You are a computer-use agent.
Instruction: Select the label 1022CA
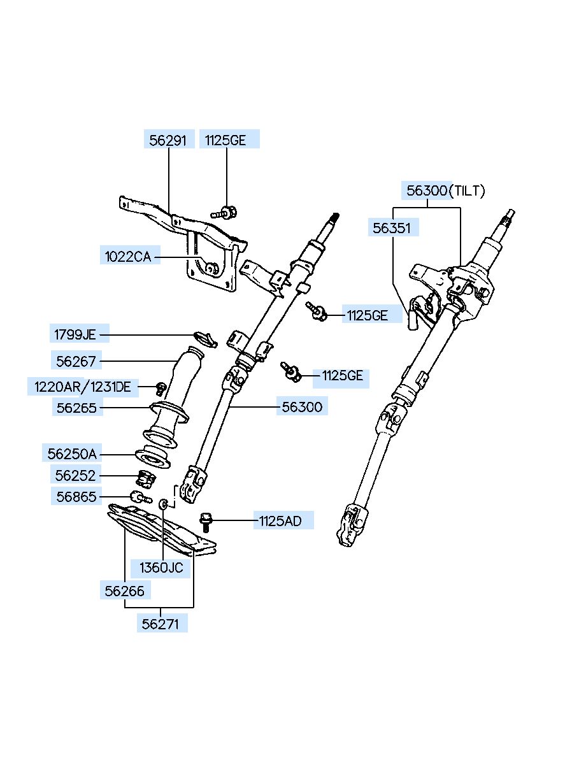128,257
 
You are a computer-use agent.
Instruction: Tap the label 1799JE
75,334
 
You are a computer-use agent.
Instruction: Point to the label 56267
76,361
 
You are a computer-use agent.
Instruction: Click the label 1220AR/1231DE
83,387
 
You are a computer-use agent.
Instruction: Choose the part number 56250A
72,454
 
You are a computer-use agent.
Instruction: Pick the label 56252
76,476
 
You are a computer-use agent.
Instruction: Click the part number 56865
76,497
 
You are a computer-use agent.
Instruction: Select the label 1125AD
280,521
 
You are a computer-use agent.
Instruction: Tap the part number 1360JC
161,568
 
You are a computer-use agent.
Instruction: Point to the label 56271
161,624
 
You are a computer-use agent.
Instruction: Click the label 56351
392,228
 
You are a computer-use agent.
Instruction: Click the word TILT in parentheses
467,190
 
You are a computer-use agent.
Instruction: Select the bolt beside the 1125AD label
206,522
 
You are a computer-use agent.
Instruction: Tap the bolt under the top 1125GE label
224,212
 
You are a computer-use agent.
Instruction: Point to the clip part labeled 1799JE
206,339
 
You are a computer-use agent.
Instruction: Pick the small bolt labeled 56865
140,497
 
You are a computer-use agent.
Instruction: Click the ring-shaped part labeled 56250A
152,456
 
